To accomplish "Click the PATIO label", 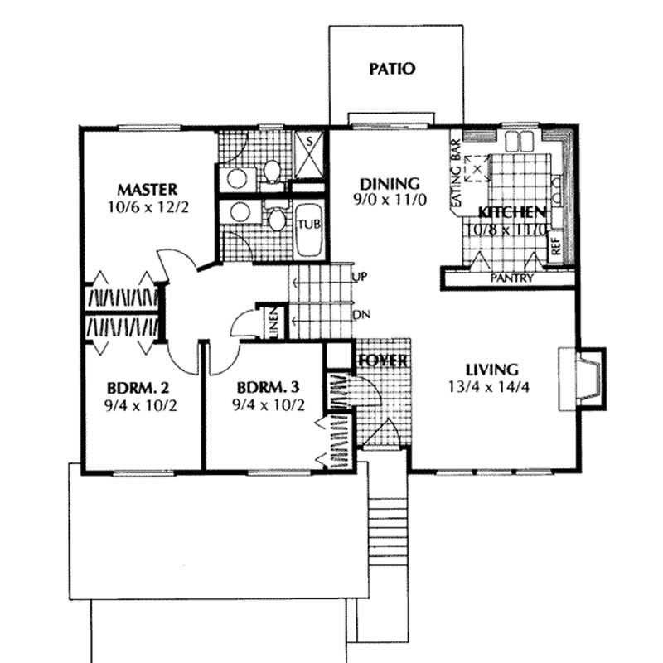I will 391,69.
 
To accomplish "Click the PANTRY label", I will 511,278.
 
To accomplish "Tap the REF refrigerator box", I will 555,247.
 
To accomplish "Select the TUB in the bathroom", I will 309,225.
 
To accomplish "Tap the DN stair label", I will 361,315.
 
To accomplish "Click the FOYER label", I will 383,361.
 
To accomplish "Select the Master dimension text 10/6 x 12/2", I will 148,206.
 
